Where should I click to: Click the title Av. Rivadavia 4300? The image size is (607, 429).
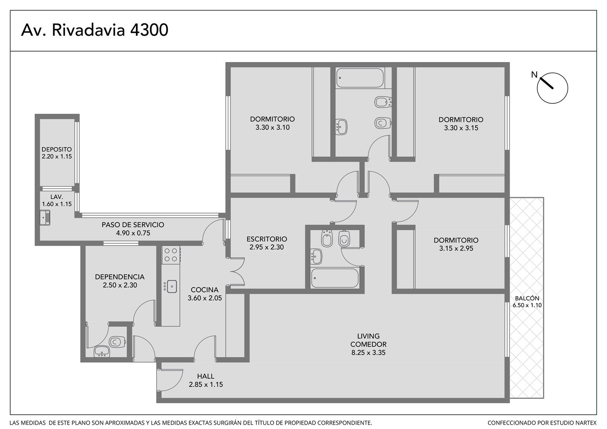click(95, 30)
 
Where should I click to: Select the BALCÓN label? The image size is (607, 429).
click(527, 298)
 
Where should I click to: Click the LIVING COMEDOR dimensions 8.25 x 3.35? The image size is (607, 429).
click(368, 353)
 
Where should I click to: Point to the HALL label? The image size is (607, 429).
click(206, 376)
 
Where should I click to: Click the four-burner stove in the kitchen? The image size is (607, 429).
click(171, 255)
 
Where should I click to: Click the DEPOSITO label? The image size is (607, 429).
click(56, 149)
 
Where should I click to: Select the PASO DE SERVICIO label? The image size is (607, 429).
click(133, 225)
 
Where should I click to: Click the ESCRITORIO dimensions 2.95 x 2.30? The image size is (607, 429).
click(267, 247)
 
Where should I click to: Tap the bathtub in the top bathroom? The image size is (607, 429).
click(360, 78)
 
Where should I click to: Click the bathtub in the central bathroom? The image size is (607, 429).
click(335, 278)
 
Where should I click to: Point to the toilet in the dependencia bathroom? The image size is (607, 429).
click(117, 342)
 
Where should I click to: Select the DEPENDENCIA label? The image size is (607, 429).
click(120, 277)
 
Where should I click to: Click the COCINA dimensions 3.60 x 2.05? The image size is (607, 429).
click(205, 298)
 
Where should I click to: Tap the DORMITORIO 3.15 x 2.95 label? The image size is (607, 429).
click(456, 244)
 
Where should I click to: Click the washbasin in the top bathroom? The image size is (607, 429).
click(341, 127)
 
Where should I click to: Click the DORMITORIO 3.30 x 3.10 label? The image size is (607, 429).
click(272, 123)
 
